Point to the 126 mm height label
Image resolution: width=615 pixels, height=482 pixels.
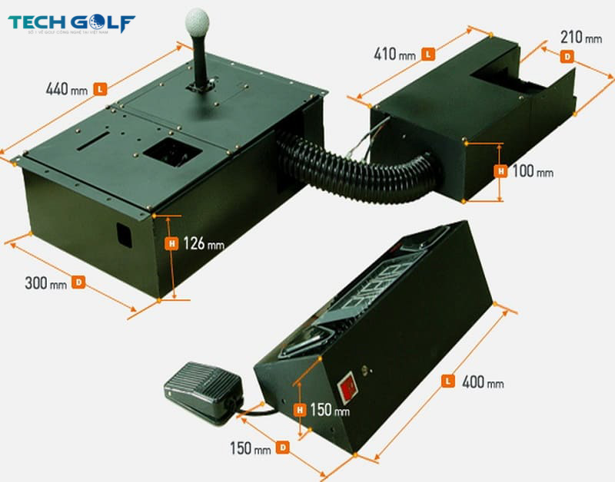(204, 244)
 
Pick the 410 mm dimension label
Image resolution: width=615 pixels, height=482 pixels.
(397, 54)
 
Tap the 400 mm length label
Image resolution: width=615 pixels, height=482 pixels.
(484, 381)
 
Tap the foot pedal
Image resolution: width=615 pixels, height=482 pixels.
(201, 388)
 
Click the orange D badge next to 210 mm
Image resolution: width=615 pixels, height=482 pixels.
(568, 55)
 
